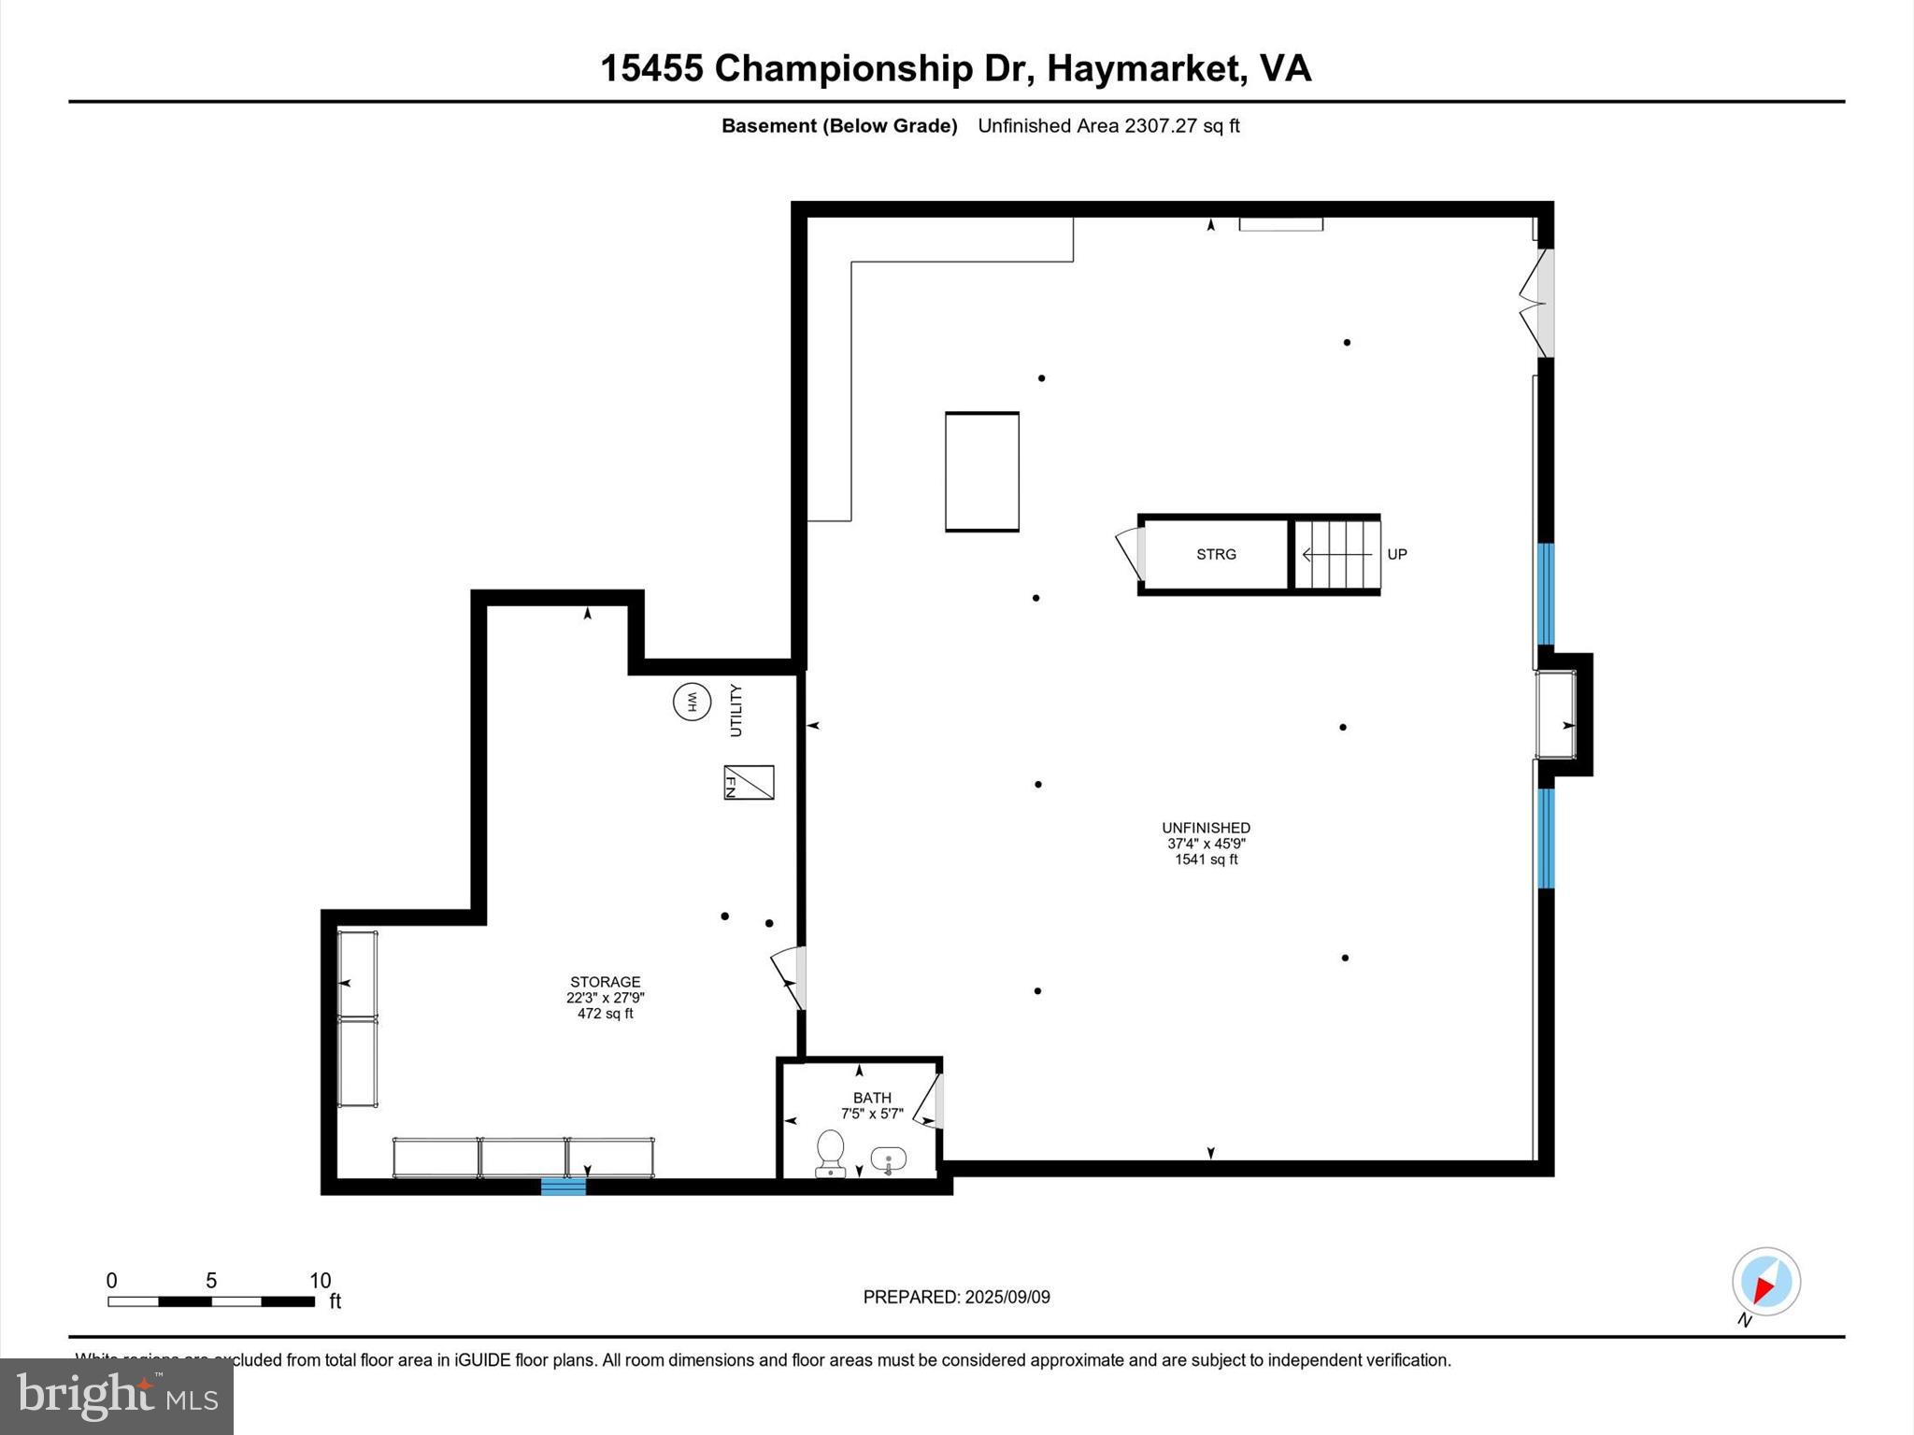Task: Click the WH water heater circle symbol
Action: pos(692,702)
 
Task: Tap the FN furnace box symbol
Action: pos(749,783)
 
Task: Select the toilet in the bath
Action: pos(830,1153)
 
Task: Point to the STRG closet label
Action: pos(1216,554)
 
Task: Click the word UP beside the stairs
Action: pos(1396,554)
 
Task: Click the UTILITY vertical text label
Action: pos(736,710)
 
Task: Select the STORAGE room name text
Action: pos(605,982)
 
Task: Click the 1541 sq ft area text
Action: pos(1206,860)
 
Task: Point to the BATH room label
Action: pos(871,1098)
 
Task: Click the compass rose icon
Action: pos(1765,1282)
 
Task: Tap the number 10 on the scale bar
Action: pos(320,1281)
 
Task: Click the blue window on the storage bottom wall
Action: pos(564,1186)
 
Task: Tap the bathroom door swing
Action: pos(930,1101)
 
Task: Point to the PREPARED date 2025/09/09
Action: pos(1007,1297)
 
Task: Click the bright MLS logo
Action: pos(117,1396)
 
